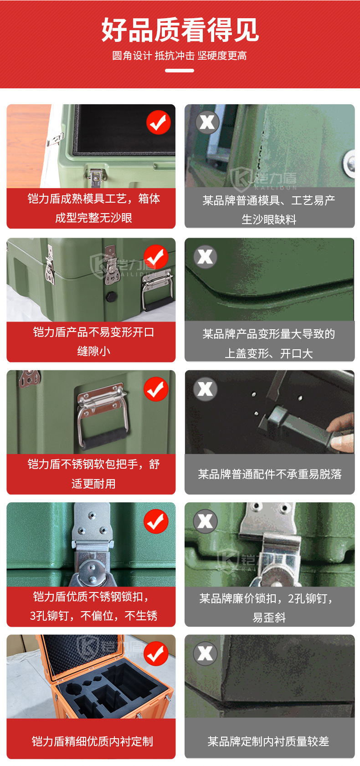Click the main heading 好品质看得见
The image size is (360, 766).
(180, 30)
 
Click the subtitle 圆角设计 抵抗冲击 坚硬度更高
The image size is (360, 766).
(180, 56)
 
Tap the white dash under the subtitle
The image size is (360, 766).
(180, 71)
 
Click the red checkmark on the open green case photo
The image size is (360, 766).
(159, 123)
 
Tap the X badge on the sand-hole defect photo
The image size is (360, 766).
(207, 122)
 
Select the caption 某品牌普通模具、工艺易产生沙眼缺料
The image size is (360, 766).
(269, 209)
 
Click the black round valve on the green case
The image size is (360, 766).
(111, 296)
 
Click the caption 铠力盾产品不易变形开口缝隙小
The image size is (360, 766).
(93, 341)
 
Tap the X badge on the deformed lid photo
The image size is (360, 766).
(206, 256)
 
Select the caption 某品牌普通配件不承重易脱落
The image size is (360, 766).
(270, 474)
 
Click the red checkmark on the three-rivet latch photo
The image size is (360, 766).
(156, 521)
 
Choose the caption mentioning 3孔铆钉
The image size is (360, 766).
(93, 606)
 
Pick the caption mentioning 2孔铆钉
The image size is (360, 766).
(269, 608)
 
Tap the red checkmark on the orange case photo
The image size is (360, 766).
(156, 654)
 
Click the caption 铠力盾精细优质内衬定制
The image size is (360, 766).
(93, 741)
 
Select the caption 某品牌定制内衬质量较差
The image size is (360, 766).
(268, 741)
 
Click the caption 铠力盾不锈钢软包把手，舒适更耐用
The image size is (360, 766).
(93, 474)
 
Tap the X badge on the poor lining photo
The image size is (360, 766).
(206, 654)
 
